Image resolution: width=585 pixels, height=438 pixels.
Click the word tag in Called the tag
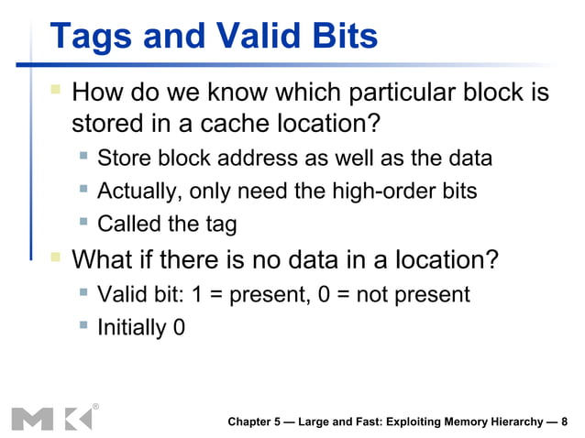(x=219, y=224)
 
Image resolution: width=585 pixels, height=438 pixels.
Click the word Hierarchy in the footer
(x=504, y=422)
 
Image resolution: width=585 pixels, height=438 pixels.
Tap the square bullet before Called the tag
(x=83, y=223)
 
